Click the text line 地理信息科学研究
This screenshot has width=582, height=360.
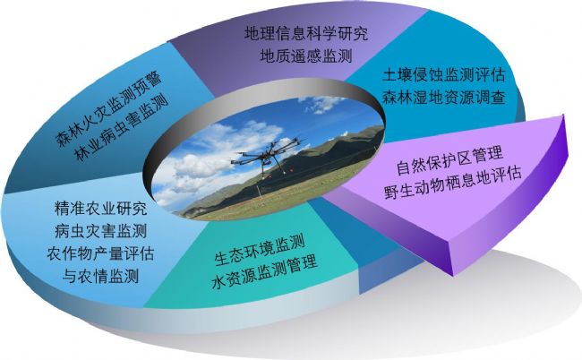[306, 33]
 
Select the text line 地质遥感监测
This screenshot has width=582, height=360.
[306, 56]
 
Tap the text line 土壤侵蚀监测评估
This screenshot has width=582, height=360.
[444, 75]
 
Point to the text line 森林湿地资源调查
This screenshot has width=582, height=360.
[444, 98]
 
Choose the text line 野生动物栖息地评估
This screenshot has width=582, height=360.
[453, 183]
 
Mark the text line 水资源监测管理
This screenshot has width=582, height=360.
[265, 273]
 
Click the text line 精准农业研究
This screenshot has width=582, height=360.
[100, 209]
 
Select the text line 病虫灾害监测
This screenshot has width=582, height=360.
[100, 231]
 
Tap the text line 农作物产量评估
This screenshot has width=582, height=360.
[100, 253]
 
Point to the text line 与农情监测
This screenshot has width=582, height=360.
[100, 276]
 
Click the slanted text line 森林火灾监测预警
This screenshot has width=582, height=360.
[108, 110]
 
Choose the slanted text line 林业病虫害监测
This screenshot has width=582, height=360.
[123, 129]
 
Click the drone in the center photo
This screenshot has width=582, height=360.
[266, 155]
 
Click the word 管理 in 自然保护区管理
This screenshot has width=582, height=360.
[488, 154]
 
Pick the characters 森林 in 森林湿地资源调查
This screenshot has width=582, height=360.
[398, 98]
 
